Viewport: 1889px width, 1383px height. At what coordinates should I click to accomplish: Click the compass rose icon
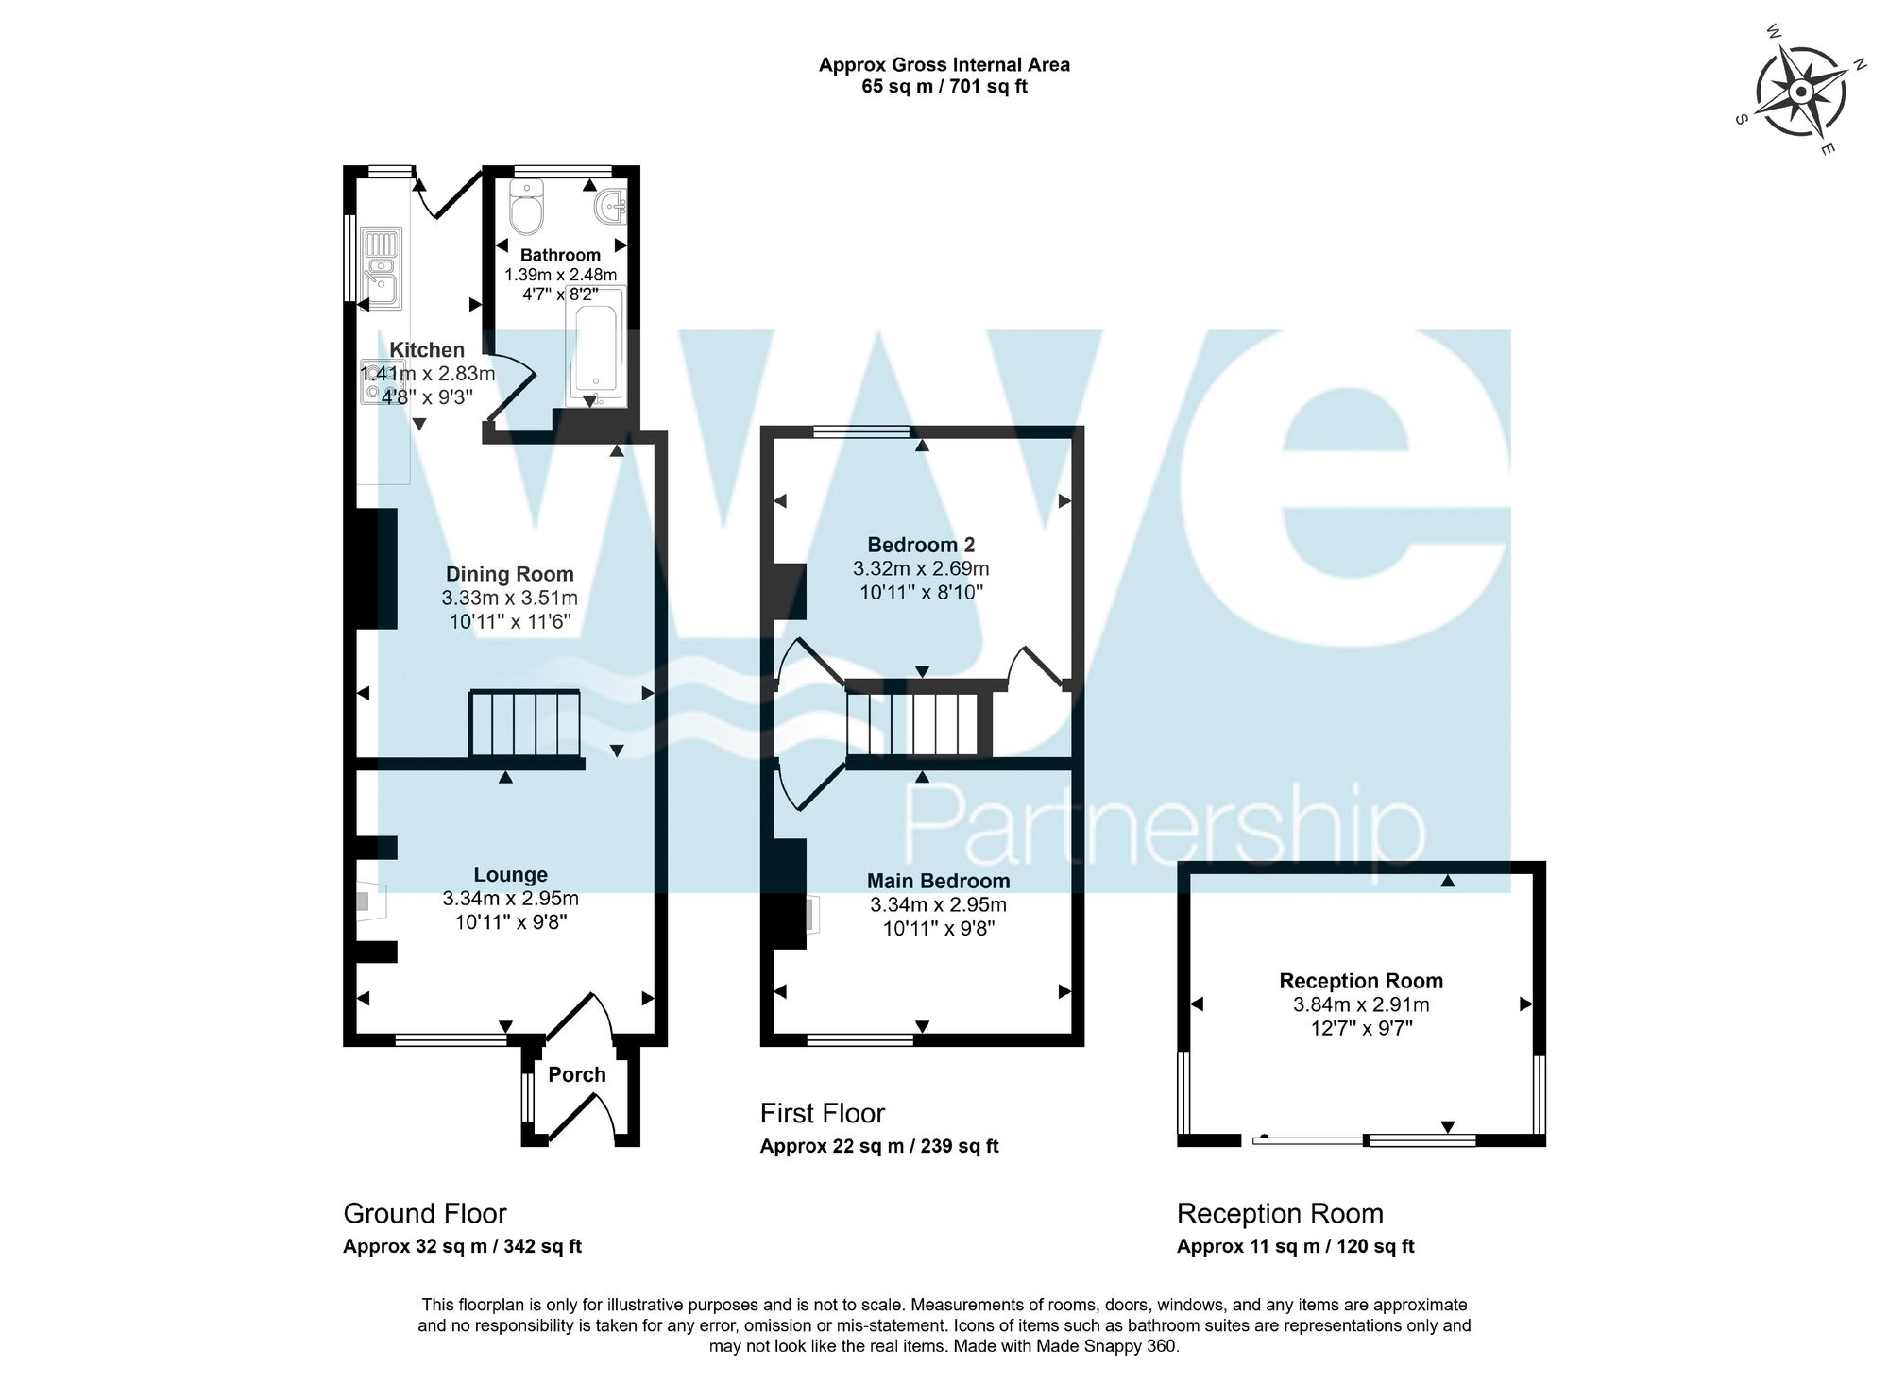[1800, 93]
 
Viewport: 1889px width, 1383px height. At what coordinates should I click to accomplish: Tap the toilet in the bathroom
[526, 209]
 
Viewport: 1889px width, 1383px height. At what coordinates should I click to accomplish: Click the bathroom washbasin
[609, 204]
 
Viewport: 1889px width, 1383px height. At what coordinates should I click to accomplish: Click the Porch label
[577, 1074]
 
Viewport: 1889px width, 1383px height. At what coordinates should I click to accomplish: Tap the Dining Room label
[509, 574]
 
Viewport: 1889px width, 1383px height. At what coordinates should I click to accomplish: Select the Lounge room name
[510, 875]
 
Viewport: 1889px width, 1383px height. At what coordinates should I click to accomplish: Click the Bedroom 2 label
[921, 545]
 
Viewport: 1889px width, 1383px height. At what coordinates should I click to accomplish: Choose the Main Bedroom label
[938, 881]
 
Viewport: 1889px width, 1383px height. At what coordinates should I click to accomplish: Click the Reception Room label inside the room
[1361, 981]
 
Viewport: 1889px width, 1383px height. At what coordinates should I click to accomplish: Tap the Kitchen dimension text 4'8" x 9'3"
[426, 397]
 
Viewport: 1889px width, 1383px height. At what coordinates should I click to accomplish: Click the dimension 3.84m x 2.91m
[1361, 1004]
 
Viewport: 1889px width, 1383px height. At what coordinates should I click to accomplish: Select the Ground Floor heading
[425, 1213]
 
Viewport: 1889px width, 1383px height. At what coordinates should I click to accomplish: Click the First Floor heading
[822, 1114]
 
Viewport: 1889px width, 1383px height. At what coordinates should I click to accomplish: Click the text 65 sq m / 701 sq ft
[944, 87]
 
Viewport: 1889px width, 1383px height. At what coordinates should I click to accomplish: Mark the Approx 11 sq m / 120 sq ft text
[1295, 1246]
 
